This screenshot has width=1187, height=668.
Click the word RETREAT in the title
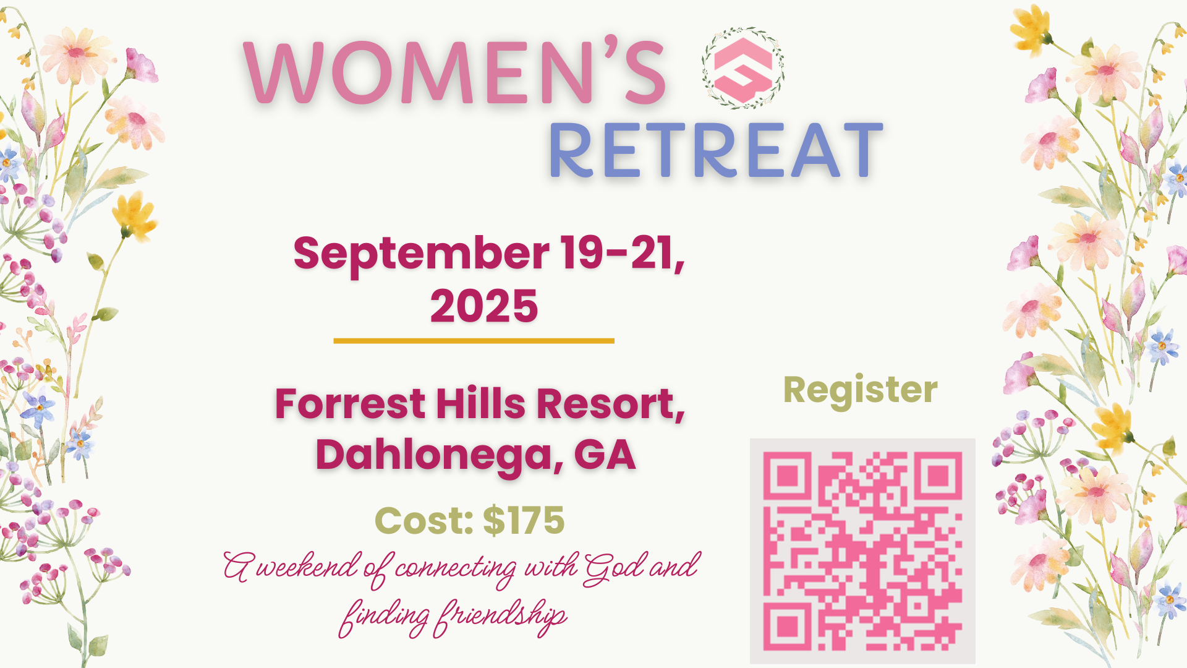click(716, 150)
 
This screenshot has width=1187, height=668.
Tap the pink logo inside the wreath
click(743, 69)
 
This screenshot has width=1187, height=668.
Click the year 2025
click(484, 306)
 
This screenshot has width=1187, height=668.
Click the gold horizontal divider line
click(474, 341)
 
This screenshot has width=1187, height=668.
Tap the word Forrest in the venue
click(350, 403)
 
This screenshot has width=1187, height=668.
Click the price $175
click(524, 520)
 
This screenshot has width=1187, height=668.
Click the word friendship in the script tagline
click(500, 616)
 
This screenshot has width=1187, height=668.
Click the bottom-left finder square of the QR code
click(787, 627)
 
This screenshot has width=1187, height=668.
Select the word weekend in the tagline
click(307, 566)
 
